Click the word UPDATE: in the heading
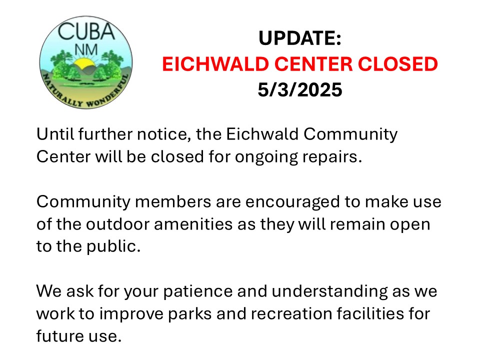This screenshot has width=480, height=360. [299, 38]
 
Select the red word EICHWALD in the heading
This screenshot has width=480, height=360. [215, 64]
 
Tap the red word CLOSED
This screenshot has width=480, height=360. [397, 64]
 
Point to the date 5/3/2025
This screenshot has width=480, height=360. [299, 89]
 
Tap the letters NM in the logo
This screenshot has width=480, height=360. [86, 50]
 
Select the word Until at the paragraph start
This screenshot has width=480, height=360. [55, 134]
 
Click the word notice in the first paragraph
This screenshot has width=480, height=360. [163, 134]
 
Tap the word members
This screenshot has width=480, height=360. [172, 201]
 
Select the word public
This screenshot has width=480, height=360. [113, 246]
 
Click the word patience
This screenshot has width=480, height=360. [198, 291]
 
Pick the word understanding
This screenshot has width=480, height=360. [329, 291]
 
